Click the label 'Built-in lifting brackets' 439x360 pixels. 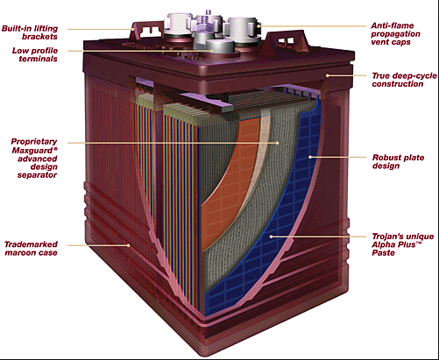(30, 32)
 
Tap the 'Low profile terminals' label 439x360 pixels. (35, 54)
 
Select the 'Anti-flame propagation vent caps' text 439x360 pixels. (395, 33)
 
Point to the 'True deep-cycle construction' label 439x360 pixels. (404, 80)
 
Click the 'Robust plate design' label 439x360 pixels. (398, 161)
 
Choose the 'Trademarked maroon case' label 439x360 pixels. (31, 248)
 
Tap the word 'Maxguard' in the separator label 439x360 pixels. (32, 151)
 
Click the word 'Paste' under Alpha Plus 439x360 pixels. (383, 252)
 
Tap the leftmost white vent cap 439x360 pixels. (179, 24)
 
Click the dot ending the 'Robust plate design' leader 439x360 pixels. (310, 157)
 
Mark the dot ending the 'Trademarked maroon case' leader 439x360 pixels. (128, 245)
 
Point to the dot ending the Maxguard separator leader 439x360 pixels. (278, 143)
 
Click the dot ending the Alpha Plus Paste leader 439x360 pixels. (271, 236)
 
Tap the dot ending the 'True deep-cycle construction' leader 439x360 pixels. (328, 75)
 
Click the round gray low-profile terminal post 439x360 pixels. (221, 46)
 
